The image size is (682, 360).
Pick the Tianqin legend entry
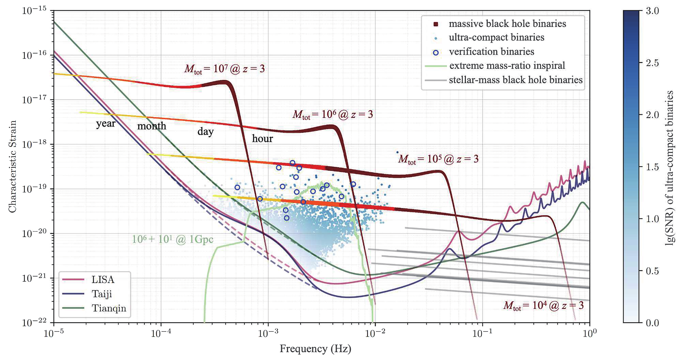tap(94, 308)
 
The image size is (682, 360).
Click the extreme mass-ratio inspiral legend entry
tap(495, 65)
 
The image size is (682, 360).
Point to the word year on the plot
tap(106, 124)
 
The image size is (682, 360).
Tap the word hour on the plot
tap(262, 139)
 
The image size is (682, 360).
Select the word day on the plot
tap(206, 131)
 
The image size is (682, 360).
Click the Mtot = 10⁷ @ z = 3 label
tap(224, 69)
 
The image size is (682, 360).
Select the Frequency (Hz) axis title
tap(316, 349)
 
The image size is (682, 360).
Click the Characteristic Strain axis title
tap(12, 166)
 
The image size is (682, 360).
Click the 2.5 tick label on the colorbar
tap(652, 63)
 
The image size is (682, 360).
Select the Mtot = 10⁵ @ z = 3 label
tap(438, 159)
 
